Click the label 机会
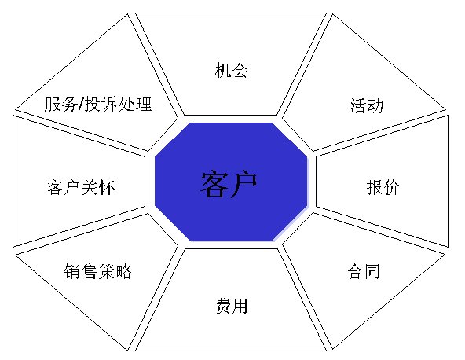click(x=231, y=70)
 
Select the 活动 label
click(x=367, y=105)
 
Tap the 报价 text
click(x=383, y=187)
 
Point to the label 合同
click(x=364, y=271)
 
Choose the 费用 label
click(x=231, y=306)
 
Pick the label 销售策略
click(x=98, y=271)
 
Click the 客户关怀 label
click(x=81, y=187)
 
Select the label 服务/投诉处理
click(x=98, y=104)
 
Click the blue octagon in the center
click(x=231, y=182)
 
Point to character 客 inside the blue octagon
click(x=214, y=184)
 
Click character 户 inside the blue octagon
click(x=243, y=184)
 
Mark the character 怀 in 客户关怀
click(x=107, y=187)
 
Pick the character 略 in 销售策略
click(x=123, y=271)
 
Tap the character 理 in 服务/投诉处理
click(x=144, y=104)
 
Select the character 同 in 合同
click(x=372, y=271)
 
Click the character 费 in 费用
click(x=223, y=306)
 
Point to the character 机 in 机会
click(x=223, y=70)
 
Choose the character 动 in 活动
click(x=375, y=105)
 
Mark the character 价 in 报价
click(x=391, y=187)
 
